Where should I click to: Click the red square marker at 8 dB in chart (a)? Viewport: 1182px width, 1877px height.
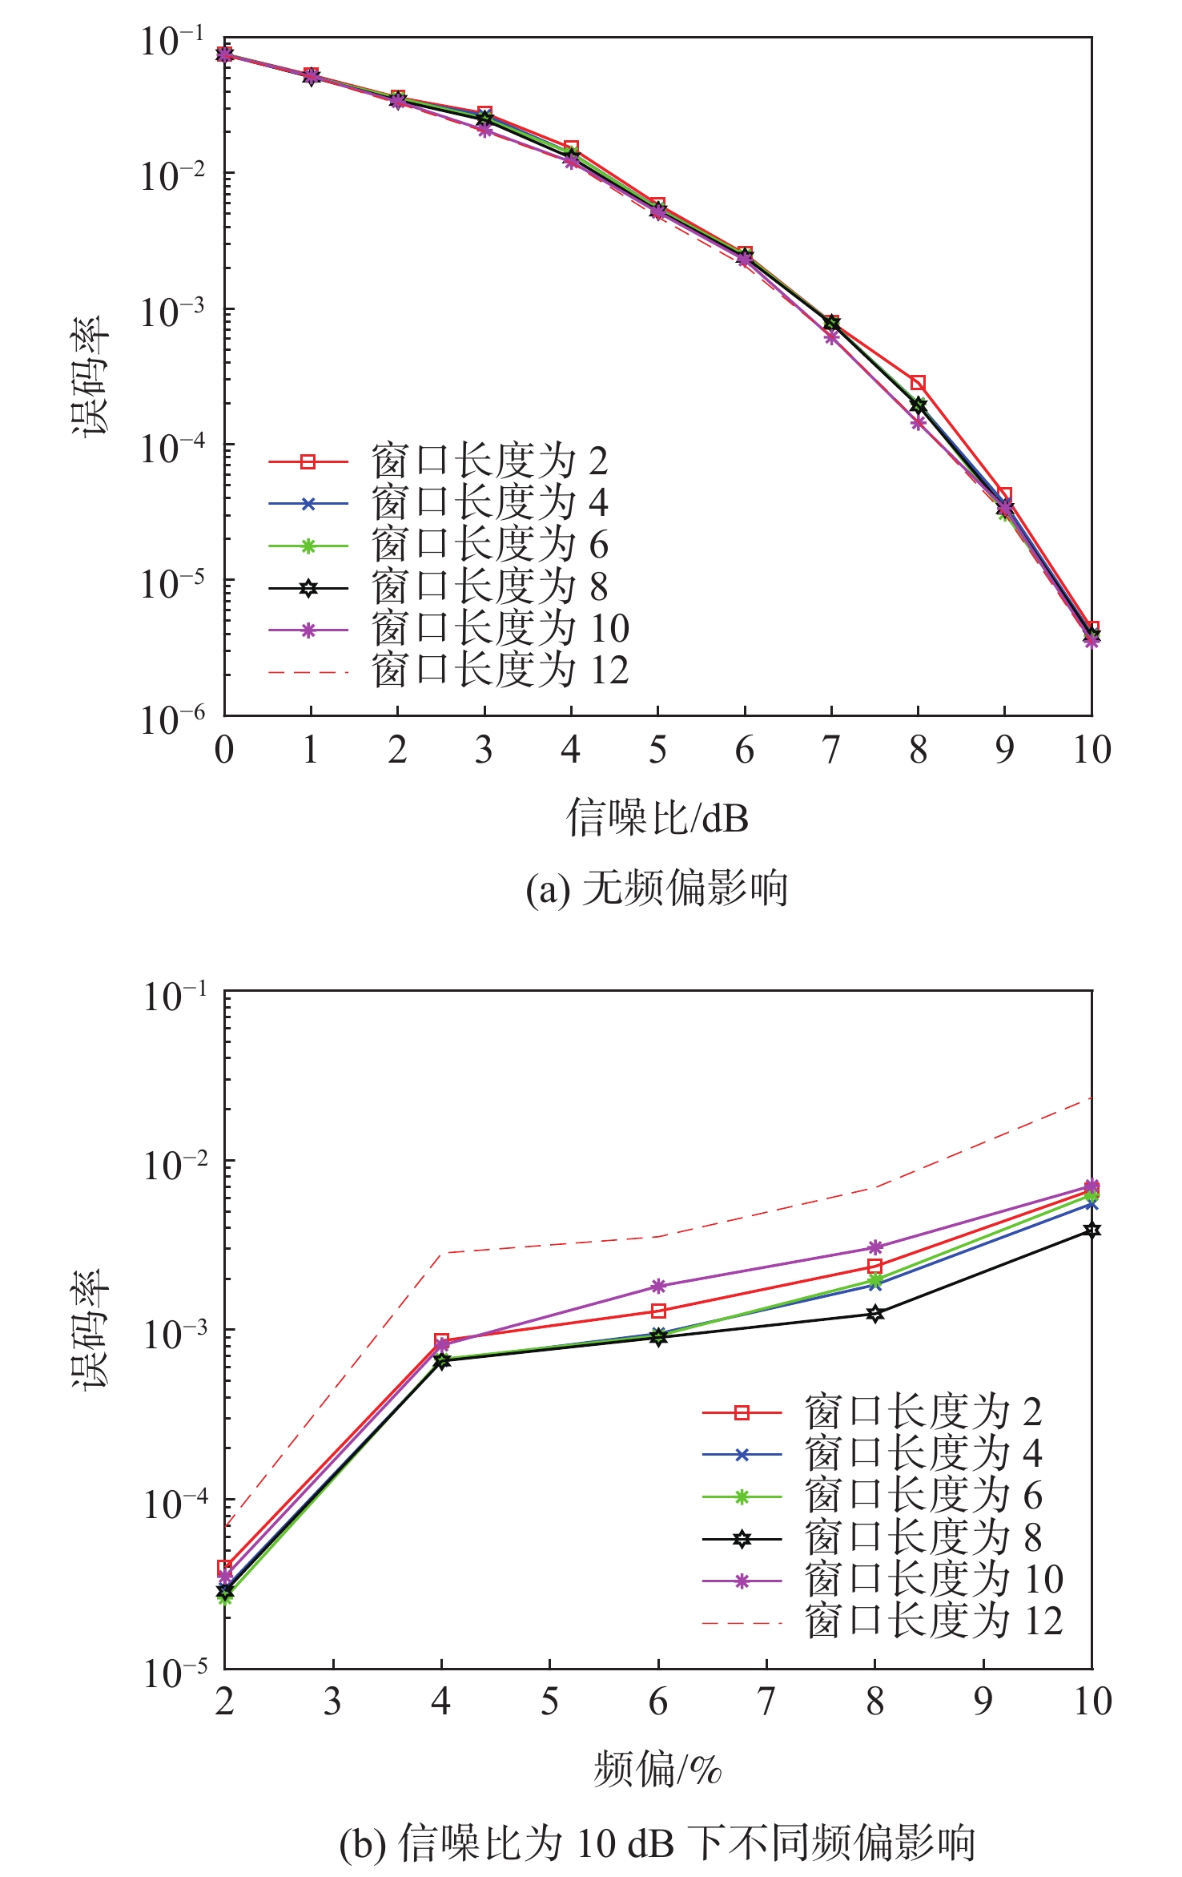tap(918, 383)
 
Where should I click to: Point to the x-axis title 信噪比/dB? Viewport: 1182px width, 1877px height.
tap(657, 818)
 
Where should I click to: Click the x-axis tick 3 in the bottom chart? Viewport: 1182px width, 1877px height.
tap(332, 1702)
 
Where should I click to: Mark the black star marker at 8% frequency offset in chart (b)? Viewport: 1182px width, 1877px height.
tap(875, 1314)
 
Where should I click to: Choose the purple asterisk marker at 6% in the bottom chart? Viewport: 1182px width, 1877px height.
tap(658, 1286)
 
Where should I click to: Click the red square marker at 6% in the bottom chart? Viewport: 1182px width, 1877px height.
tap(658, 1311)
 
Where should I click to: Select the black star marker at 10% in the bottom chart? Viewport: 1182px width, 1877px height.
tap(1092, 1230)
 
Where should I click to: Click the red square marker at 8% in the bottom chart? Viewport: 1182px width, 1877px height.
tap(875, 1267)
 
